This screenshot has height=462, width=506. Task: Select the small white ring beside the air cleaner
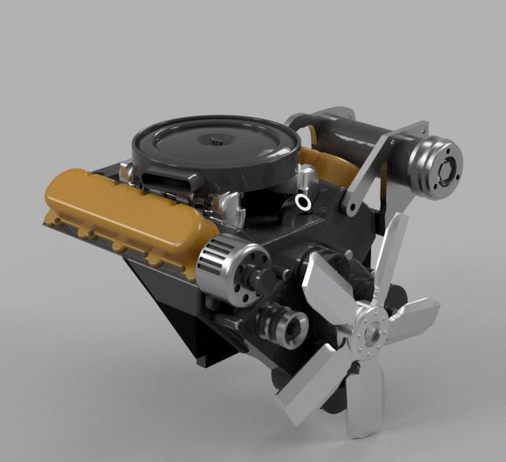[304, 203]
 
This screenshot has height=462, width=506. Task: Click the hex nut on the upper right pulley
[445, 165]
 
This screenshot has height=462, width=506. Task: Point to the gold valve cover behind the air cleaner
[326, 163]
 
